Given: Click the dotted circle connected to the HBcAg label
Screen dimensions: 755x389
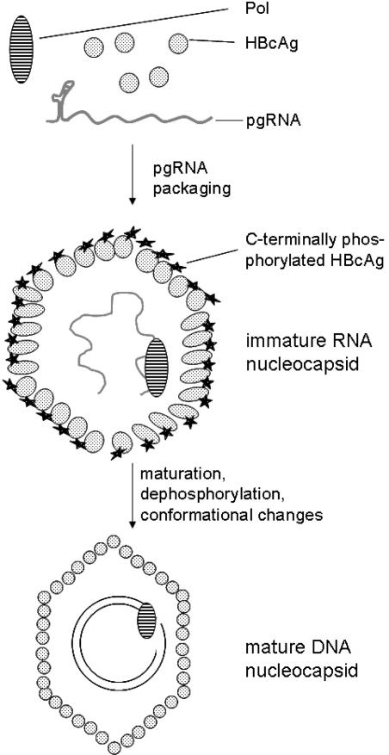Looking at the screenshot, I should click(x=178, y=41).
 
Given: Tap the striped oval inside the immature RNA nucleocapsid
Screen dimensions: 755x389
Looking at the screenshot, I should click(x=156, y=367).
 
